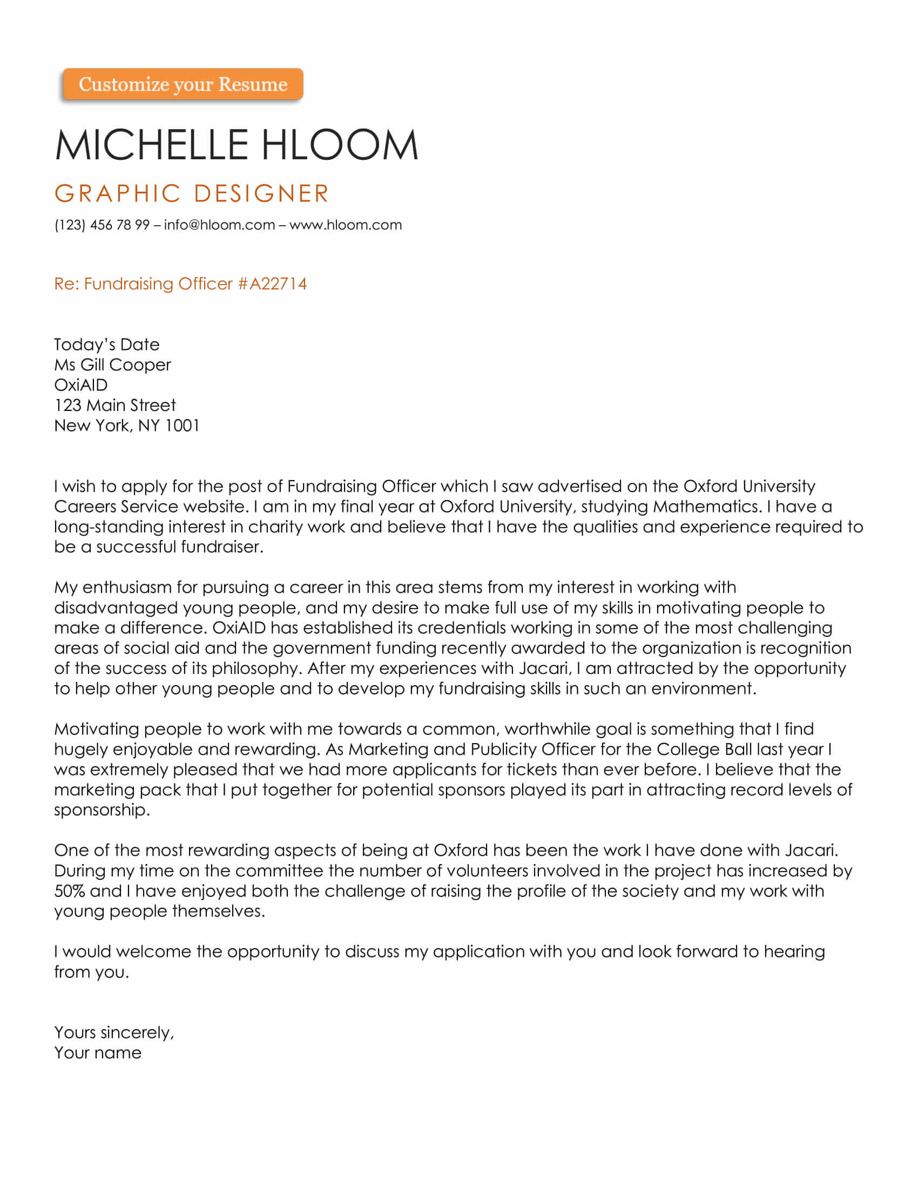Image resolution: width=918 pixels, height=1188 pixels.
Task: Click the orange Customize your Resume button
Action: (x=183, y=84)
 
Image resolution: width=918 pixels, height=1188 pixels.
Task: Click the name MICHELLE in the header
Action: (x=152, y=145)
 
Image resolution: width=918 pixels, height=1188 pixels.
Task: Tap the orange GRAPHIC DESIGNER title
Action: (x=192, y=194)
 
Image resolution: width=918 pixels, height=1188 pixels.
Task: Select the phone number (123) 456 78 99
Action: (x=102, y=225)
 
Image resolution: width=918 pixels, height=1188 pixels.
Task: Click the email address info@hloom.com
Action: (x=219, y=225)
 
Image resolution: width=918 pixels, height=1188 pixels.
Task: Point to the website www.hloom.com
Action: (x=346, y=225)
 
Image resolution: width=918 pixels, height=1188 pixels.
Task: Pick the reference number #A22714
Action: (x=272, y=284)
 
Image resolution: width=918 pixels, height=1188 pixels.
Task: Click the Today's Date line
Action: (x=106, y=345)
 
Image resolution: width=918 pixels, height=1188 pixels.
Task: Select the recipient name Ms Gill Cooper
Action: (x=112, y=365)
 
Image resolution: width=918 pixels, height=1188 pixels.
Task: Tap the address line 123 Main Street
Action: (x=114, y=405)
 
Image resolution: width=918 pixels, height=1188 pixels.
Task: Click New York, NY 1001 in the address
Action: (x=127, y=426)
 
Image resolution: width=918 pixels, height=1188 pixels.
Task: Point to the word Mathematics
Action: (x=706, y=507)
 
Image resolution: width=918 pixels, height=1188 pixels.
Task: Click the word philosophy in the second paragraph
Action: (x=256, y=669)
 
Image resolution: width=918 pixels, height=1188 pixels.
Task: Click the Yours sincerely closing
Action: (x=113, y=1032)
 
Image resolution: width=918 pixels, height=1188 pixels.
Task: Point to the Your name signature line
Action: (x=98, y=1052)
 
